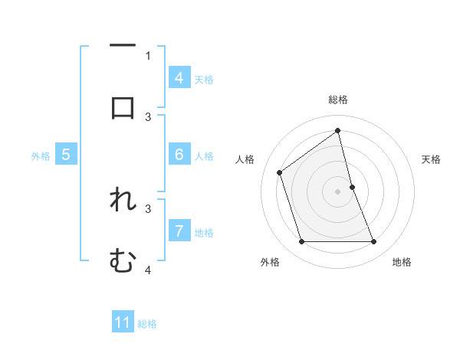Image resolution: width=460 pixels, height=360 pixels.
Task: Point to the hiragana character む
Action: point(123,260)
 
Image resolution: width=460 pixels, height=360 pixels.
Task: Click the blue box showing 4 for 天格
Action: point(179,77)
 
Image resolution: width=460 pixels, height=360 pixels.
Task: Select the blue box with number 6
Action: point(179,154)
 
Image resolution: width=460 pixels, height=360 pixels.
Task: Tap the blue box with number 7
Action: point(179,231)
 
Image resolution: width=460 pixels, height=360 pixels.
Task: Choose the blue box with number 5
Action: point(66,155)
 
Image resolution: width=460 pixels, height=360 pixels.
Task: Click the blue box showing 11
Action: point(123,322)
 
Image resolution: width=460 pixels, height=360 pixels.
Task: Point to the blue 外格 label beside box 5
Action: point(41,156)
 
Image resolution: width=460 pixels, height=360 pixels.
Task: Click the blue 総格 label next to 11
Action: point(147,324)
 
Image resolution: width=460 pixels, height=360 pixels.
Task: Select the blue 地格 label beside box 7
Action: point(204,232)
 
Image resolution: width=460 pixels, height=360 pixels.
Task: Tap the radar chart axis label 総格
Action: point(338,100)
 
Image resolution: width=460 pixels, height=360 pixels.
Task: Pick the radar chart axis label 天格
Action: point(432,159)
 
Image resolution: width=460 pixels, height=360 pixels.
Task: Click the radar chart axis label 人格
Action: point(245,159)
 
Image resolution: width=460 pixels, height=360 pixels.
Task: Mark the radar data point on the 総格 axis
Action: point(338,130)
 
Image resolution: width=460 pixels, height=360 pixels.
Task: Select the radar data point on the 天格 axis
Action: point(352,187)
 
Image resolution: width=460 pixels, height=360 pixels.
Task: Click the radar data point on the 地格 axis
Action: point(374,242)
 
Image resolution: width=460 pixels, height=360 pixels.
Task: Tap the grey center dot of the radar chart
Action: point(338,191)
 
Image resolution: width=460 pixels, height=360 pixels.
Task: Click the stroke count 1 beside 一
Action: point(148,55)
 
